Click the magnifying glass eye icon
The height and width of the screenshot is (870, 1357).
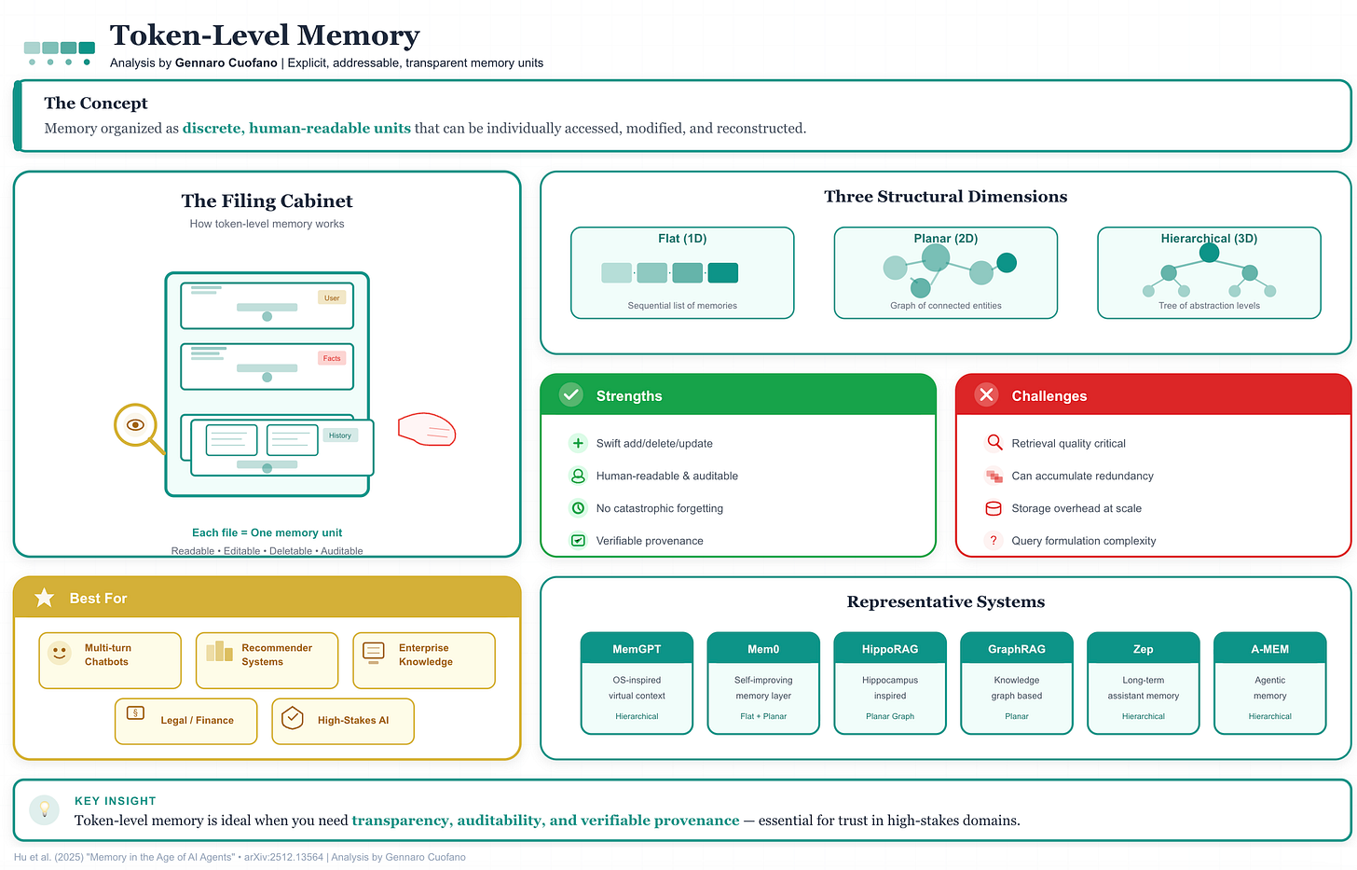tap(135, 425)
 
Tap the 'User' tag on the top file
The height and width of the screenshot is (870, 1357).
tap(332, 298)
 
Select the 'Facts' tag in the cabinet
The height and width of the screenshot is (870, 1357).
tap(332, 358)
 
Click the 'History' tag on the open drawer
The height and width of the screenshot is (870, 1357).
tap(340, 435)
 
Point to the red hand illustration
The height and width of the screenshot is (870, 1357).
tap(427, 429)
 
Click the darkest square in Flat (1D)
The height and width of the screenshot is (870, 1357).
tap(722, 273)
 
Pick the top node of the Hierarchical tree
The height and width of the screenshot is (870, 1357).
tap(1209, 252)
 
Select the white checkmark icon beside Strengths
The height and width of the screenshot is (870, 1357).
tap(571, 395)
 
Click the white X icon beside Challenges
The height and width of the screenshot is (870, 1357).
tap(986, 395)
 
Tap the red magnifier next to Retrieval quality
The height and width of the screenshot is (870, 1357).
tap(994, 443)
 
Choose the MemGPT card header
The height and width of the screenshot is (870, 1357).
tap(637, 649)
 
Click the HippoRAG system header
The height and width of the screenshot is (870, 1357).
tap(890, 649)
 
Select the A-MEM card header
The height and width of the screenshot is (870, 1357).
tap(1269, 649)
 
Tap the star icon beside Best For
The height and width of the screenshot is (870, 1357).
tap(44, 598)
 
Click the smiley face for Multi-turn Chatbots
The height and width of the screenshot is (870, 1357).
tap(60, 653)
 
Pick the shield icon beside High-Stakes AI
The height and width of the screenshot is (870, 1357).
tap(293, 719)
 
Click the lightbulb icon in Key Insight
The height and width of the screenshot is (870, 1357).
tap(44, 809)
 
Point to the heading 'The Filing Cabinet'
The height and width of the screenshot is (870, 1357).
tap(267, 201)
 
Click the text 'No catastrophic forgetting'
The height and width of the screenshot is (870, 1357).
tap(659, 508)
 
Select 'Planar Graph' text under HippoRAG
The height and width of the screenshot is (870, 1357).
tap(890, 716)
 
